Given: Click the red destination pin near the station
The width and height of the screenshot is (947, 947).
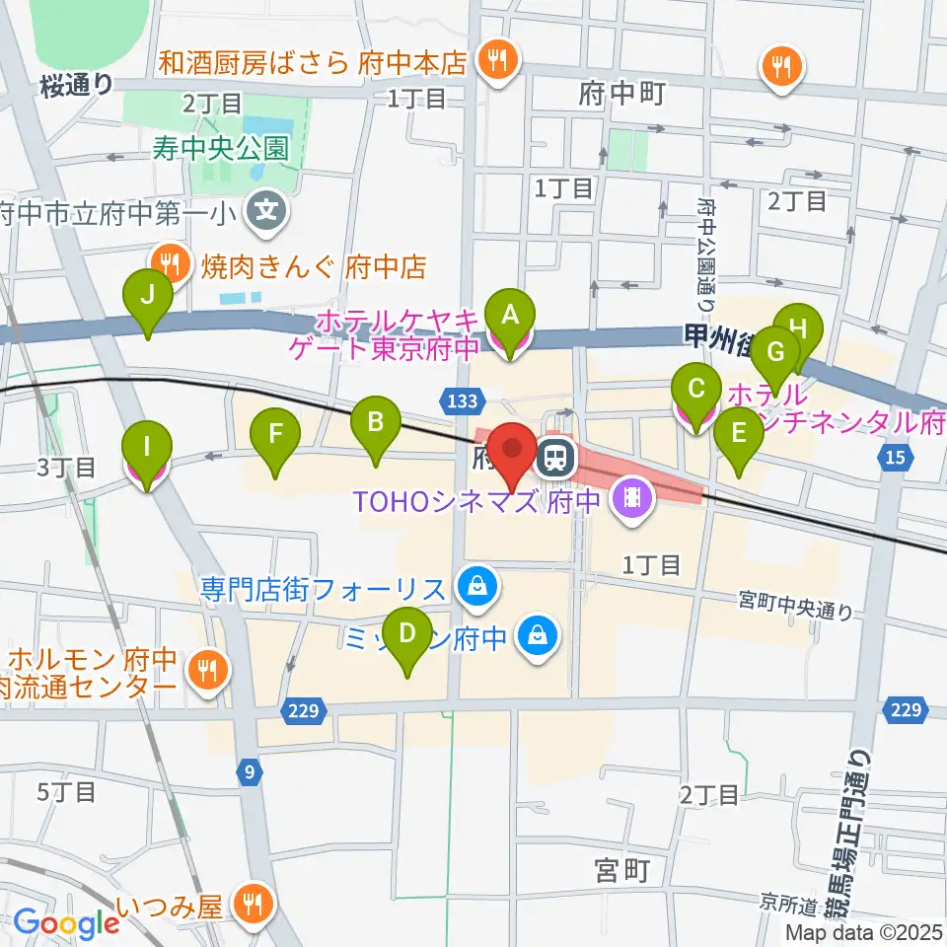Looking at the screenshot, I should click(514, 449).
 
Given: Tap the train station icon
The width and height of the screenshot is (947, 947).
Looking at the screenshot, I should click(555, 457).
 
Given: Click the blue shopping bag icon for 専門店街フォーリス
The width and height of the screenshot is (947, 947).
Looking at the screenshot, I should click(477, 590).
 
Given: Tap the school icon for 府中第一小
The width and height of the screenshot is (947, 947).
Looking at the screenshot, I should click(265, 210).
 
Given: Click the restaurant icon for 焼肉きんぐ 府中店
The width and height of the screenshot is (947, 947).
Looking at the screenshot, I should click(171, 263).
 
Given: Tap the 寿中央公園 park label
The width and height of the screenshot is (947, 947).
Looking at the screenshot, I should click(219, 149).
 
